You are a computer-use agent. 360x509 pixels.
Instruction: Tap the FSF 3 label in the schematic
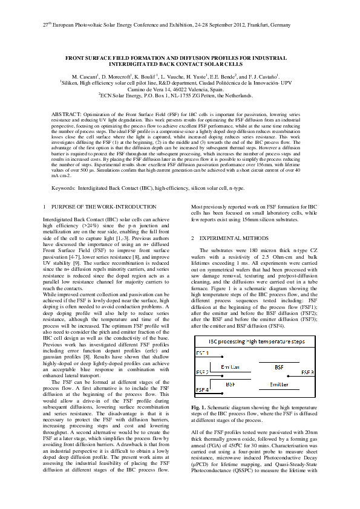[307, 372]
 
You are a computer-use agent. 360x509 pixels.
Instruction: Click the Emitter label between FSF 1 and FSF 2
[231, 367]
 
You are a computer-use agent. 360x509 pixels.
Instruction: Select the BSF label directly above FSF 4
[231, 384]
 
